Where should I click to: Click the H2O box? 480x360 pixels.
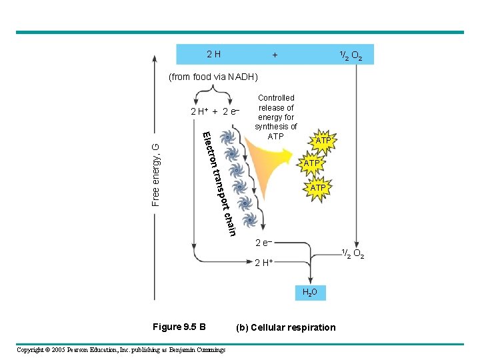(311, 292)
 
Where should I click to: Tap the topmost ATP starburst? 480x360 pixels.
(323, 141)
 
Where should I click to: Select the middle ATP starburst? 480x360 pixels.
(312, 163)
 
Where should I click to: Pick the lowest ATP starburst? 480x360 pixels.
(318, 188)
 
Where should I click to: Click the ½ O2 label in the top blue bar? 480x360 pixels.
(351, 55)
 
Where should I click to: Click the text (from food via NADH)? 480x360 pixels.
(213, 77)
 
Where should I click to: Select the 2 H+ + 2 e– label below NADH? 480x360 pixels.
(215, 111)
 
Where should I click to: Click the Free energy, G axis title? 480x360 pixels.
(156, 174)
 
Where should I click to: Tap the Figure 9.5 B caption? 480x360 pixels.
(179, 327)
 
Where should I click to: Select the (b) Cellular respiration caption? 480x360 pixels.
(286, 327)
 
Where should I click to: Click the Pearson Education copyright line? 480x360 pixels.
(121, 350)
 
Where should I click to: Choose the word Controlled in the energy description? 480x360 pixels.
(275, 98)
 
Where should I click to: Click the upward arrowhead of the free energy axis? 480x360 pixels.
(154, 59)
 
